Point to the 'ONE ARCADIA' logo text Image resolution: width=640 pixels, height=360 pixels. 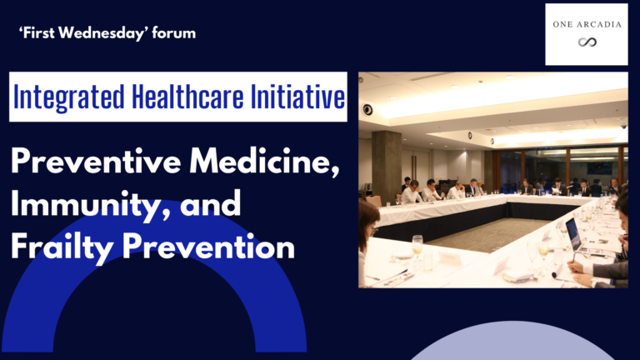587,23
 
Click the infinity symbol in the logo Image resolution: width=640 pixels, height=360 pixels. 587,42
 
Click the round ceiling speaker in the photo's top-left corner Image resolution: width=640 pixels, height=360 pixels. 367,109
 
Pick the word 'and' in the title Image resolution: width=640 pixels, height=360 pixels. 212,204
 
